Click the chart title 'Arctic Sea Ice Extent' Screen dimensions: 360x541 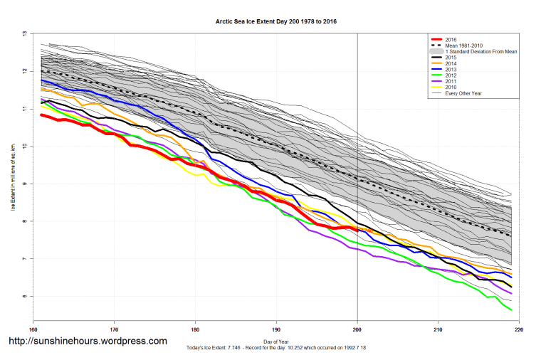(276, 22)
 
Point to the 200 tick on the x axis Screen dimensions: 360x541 (357, 329)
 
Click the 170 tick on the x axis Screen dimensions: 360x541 (114, 329)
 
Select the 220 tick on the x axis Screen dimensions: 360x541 (519, 329)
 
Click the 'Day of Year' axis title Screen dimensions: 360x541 (276, 341)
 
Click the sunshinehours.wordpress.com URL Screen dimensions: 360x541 (88, 342)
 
